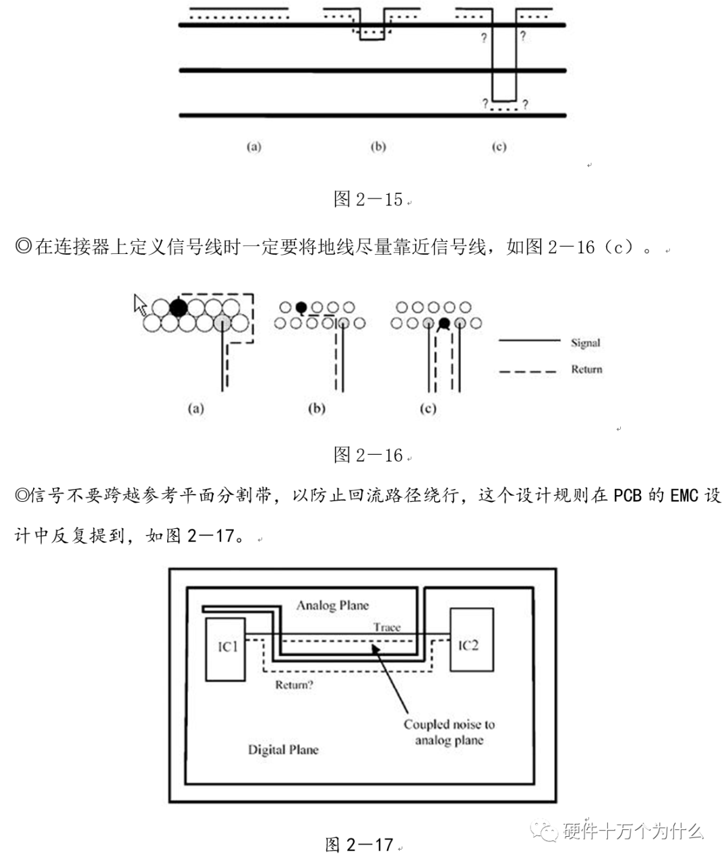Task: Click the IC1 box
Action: click(x=225, y=648)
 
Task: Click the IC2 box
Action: click(x=471, y=639)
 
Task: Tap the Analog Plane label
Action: click(x=332, y=605)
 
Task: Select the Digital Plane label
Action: click(x=283, y=749)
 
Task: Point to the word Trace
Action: click(x=387, y=627)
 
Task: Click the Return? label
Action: click(x=294, y=685)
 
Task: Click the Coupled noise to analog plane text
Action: click(x=449, y=732)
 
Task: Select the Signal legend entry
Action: click(x=585, y=342)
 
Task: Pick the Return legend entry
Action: click(x=586, y=369)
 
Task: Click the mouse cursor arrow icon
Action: click(x=140, y=305)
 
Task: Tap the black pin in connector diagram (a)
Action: click(x=178, y=308)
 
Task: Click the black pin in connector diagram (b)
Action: click(x=301, y=307)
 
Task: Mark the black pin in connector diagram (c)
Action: click(x=444, y=324)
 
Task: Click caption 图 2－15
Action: click(x=368, y=199)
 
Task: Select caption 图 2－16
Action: click(x=368, y=455)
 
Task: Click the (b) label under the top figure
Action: click(x=378, y=146)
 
